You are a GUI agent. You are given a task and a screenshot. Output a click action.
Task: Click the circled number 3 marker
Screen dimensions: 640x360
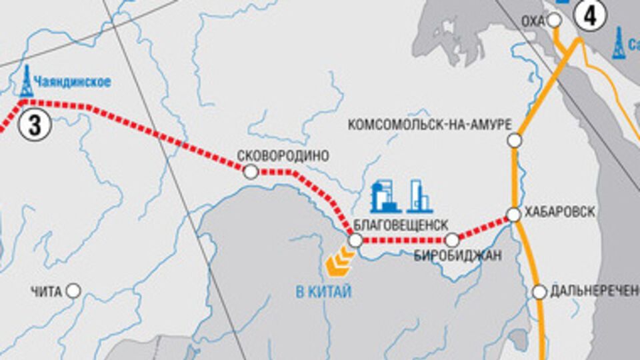34,126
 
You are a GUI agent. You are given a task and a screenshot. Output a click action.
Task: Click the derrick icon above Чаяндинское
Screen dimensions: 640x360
26,81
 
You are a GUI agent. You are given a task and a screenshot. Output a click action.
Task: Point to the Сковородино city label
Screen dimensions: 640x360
284,155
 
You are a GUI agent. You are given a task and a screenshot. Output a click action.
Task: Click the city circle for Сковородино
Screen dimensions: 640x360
251,172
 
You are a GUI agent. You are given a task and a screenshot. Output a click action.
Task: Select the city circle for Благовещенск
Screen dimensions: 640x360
355,240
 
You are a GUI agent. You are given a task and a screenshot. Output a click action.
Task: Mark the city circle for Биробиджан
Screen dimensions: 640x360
453,239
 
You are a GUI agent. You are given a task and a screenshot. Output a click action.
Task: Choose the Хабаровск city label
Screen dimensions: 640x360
560,211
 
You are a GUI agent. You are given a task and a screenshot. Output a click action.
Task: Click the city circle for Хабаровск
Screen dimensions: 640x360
514,215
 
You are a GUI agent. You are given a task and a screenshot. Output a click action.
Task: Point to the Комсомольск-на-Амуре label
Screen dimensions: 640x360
430,125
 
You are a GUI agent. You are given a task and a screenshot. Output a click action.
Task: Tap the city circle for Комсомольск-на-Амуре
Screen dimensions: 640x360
514,140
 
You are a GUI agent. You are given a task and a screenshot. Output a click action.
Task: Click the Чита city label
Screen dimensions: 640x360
46,291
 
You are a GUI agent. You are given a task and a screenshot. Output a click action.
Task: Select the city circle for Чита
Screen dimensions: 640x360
73,291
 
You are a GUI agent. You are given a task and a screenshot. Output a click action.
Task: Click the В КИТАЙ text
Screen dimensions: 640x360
323,291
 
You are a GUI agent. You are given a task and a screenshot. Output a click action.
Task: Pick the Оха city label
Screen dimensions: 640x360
533,21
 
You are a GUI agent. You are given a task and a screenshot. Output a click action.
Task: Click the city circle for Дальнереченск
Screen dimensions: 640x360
540,291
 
